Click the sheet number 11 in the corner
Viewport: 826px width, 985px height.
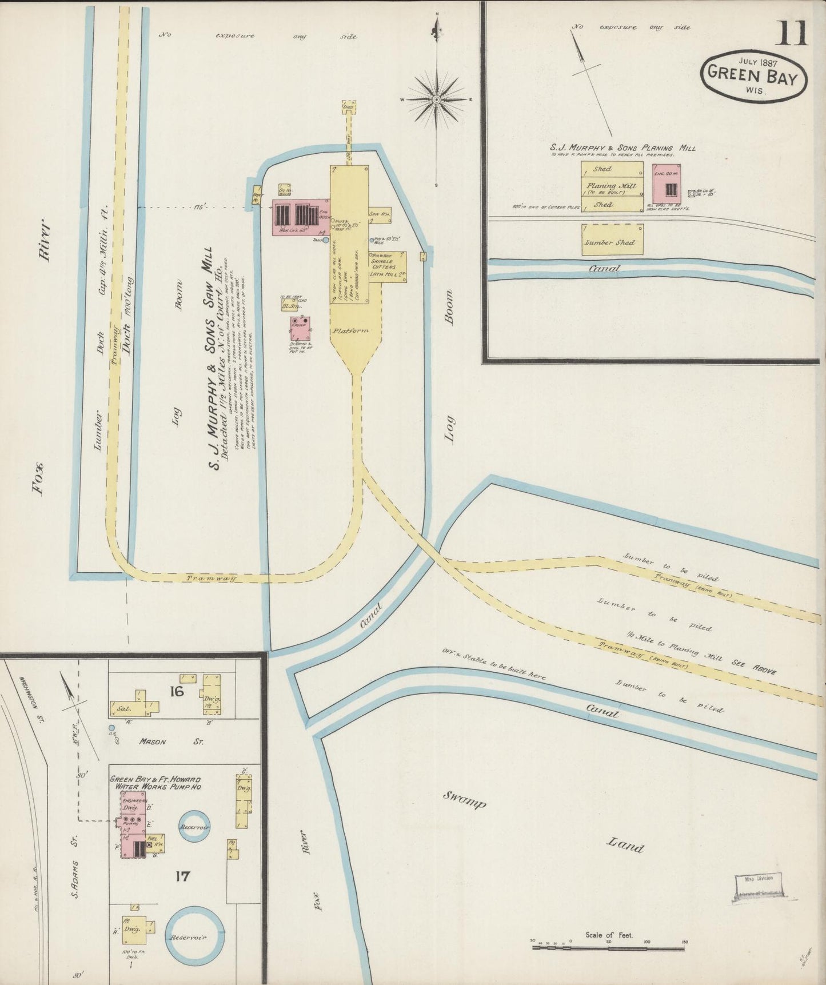(x=791, y=33)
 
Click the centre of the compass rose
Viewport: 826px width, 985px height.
(x=437, y=99)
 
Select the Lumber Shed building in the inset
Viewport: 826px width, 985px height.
(x=612, y=240)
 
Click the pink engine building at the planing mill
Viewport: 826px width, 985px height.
(x=667, y=184)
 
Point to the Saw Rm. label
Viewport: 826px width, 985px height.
(x=378, y=214)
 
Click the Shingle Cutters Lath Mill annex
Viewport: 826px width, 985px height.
(x=386, y=268)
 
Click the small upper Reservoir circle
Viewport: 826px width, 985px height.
(x=194, y=827)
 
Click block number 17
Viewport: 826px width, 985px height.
(x=182, y=876)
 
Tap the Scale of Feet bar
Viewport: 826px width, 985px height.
(x=608, y=947)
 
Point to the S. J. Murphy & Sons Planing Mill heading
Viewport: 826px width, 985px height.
(x=623, y=147)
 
